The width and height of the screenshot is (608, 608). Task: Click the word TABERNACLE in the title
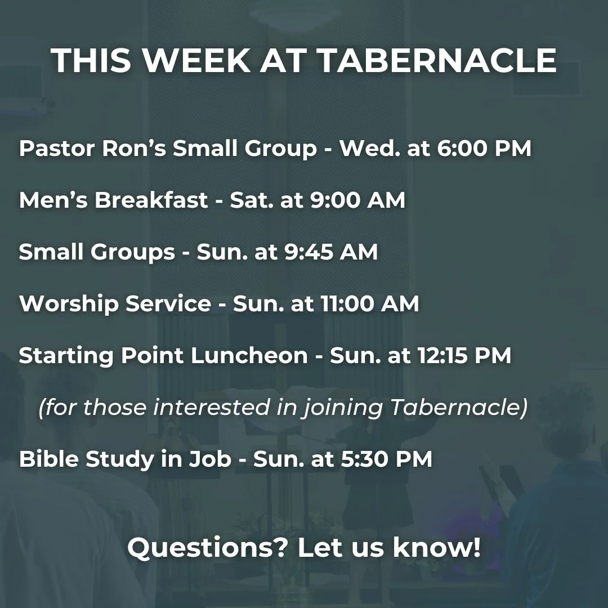(437, 61)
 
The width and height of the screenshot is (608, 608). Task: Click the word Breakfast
(151, 200)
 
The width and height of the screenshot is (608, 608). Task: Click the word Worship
(69, 304)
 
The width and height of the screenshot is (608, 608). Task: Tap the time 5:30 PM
(386, 459)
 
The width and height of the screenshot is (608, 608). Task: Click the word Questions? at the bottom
(207, 548)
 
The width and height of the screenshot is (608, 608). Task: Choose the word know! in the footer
(437, 548)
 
